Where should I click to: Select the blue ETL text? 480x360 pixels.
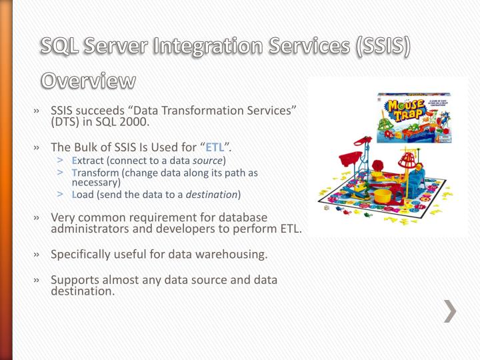[x=214, y=148]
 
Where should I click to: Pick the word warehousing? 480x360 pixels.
[x=227, y=254]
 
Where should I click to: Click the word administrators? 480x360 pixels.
[x=94, y=229]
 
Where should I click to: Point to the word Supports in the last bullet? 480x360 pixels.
[x=75, y=279]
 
